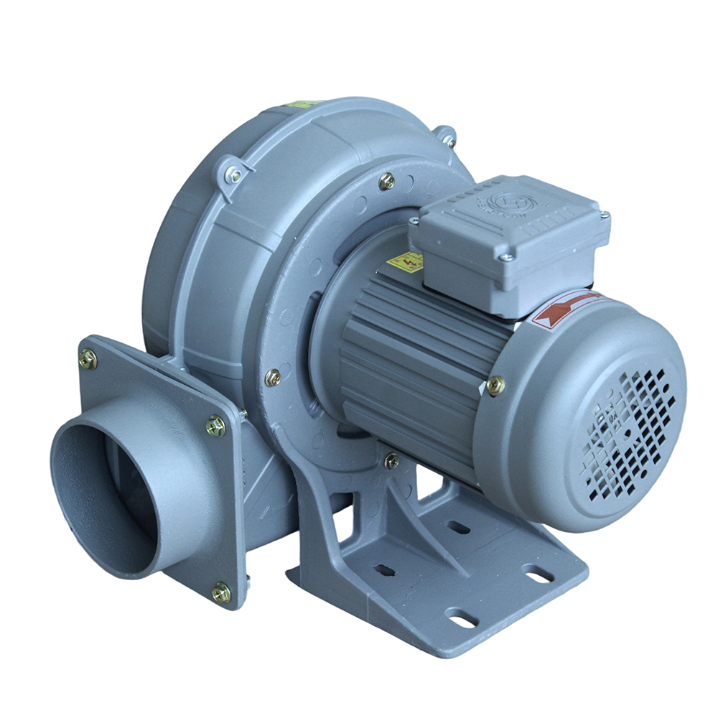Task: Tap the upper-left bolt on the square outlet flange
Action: coord(88,359)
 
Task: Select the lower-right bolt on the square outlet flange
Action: coord(221,593)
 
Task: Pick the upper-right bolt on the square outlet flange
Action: coord(215,426)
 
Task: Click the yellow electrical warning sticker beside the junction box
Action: coord(404,261)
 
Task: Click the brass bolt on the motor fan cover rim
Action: coord(495,386)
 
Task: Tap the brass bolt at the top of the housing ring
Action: coord(386,181)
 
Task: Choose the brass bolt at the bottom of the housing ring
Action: coord(391,460)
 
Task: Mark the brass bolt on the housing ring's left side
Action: coord(273,377)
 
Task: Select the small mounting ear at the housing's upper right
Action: coord(447,136)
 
